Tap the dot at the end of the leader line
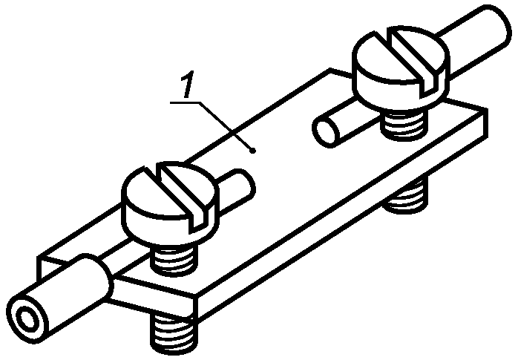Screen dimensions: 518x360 pos(253,151)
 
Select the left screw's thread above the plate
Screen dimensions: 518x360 pos(174,259)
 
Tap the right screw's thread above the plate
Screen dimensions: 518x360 pos(402,125)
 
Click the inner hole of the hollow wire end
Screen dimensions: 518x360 pos(27,318)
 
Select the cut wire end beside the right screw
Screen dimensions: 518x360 pos(326,130)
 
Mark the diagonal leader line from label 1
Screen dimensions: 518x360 pos(226,127)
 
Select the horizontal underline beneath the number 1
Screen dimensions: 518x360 pos(185,102)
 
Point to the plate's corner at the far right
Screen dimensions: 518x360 pos(487,109)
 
